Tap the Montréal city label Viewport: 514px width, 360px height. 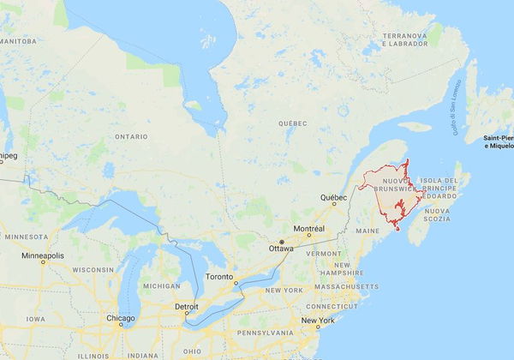[308, 229]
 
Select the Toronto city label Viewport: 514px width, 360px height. [219, 278]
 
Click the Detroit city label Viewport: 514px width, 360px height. [187, 306]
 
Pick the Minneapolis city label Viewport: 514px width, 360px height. [43, 255]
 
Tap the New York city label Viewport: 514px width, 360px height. [317, 321]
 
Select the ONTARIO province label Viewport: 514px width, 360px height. [131, 136]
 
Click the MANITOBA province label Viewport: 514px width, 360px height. [19, 40]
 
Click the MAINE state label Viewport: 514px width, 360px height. [367, 231]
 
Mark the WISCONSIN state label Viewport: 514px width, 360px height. [93, 269]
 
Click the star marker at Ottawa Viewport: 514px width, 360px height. [281, 242]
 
